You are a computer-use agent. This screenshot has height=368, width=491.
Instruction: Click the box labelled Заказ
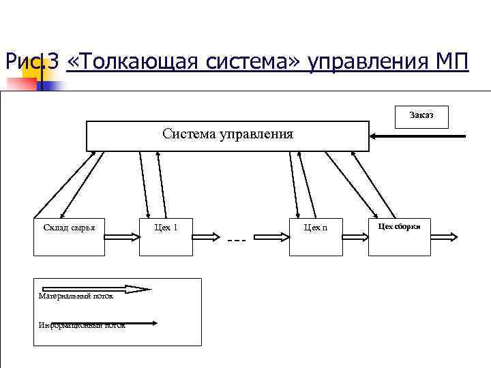pos(421,116)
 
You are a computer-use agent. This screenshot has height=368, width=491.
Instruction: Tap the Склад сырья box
pos(70,237)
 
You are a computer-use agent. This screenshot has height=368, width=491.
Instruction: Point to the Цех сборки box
pos(400,237)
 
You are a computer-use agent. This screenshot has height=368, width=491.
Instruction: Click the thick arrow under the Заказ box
pos(417,137)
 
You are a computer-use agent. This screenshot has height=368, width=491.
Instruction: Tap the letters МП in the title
pos(450,63)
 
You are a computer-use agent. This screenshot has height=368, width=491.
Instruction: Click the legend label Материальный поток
pos(76,296)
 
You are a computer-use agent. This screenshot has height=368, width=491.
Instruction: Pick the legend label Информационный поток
pos(82,325)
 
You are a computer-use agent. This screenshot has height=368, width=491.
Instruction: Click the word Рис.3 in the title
pos(31,63)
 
